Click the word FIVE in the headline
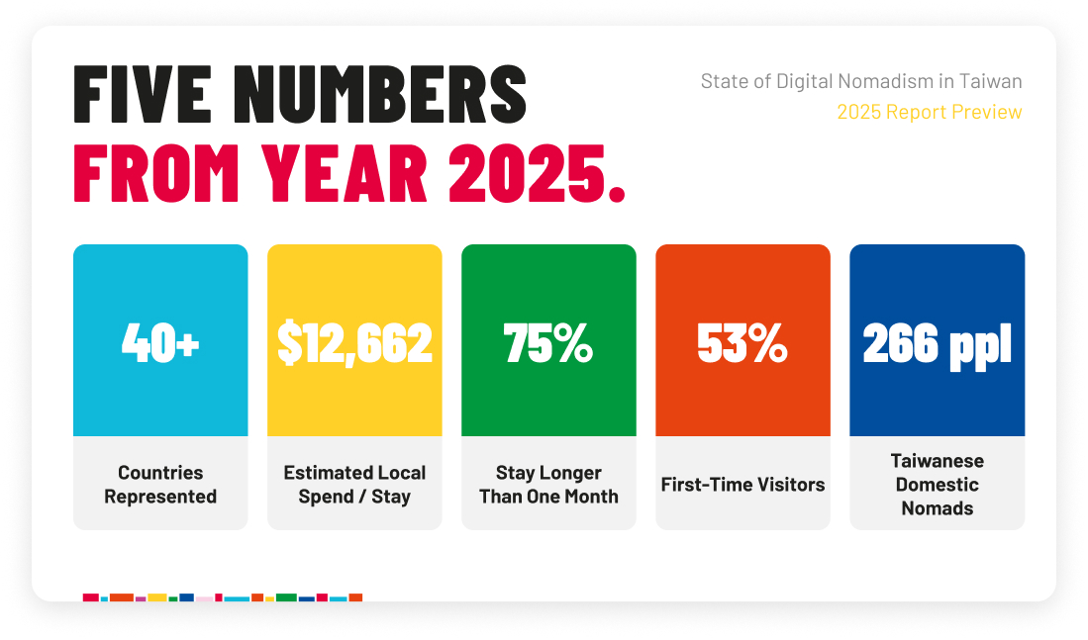tap(143, 94)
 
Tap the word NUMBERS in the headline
tap(380, 94)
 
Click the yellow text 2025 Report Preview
tap(929, 112)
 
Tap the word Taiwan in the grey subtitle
tap(990, 81)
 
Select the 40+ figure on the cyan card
tap(160, 342)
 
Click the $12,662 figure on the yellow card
tap(354, 342)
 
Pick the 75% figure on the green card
tap(548, 342)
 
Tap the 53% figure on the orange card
tap(742, 342)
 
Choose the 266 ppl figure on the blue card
tap(937, 344)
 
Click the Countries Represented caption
tap(160, 484)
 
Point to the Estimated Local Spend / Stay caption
tap(354, 484)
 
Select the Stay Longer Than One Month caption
tap(548, 484)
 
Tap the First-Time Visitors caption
tap(742, 484)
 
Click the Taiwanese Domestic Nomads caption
tap(937, 484)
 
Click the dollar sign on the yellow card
tap(289, 342)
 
